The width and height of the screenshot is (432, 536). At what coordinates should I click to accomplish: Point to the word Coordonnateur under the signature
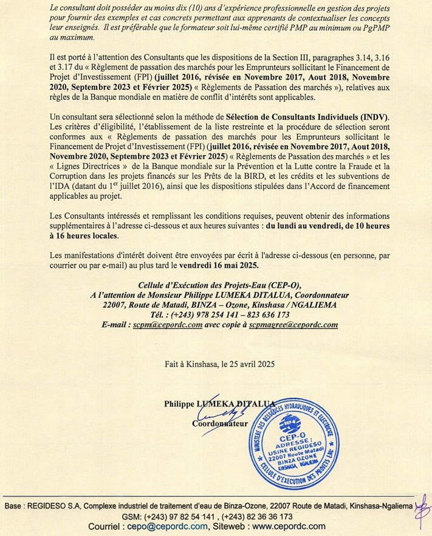click(x=220, y=423)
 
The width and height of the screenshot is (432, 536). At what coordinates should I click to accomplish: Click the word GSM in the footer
click(x=133, y=516)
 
